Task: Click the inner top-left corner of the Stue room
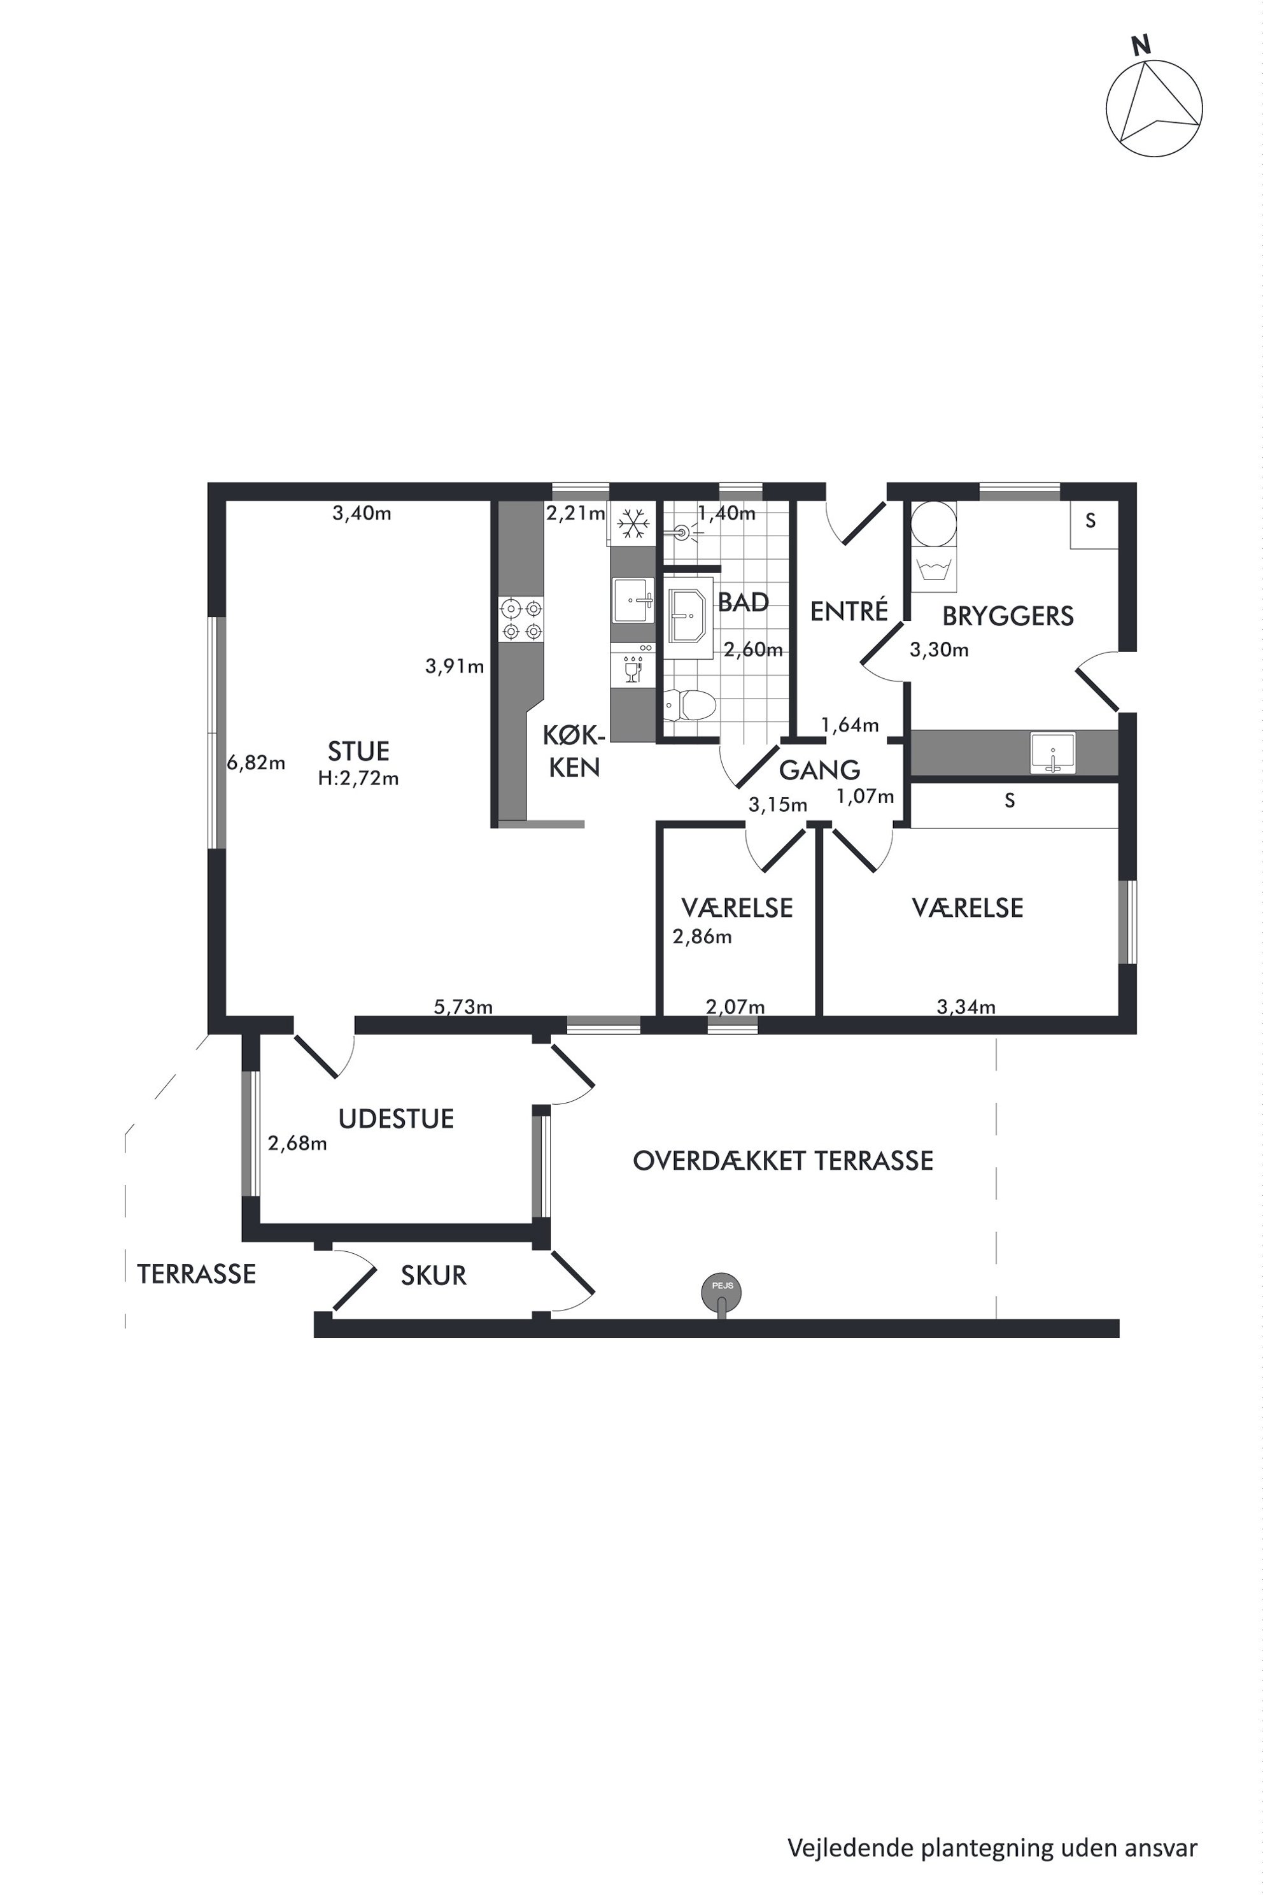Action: pos(227,501)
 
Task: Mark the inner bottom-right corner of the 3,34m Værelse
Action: pos(1118,1015)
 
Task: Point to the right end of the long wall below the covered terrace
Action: pos(1119,1328)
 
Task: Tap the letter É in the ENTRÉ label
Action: pos(881,610)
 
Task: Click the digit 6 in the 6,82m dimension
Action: pos(232,762)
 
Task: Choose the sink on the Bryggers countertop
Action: pos(1053,753)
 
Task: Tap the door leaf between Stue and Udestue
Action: pos(315,1056)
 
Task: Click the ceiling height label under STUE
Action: pos(358,778)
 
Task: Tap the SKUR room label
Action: pos(434,1275)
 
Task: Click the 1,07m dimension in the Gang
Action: pos(865,797)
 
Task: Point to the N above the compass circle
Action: pos(1141,46)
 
